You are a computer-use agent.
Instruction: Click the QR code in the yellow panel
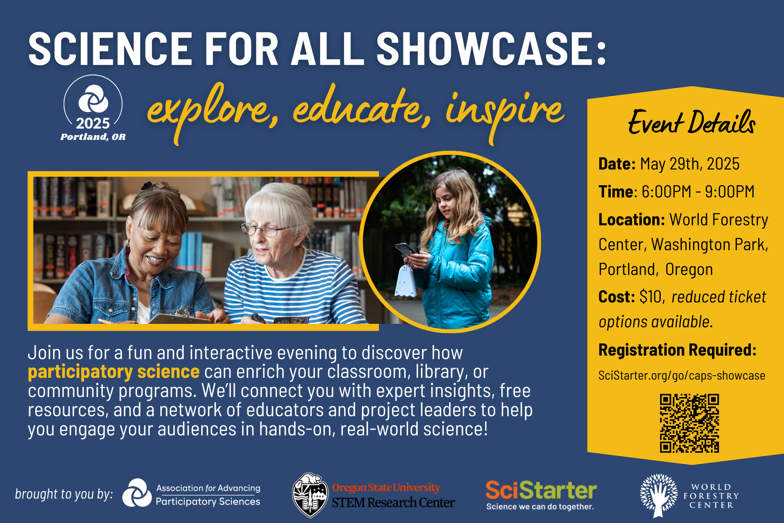(689, 423)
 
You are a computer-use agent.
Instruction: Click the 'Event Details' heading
(691, 122)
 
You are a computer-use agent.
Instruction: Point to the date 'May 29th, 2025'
(689, 164)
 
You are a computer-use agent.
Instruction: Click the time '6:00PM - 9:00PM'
(698, 192)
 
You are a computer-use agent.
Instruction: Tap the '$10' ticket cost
(650, 297)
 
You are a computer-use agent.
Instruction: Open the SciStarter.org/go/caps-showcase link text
(682, 376)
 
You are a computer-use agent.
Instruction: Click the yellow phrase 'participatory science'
(114, 372)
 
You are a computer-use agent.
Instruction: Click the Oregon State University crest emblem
(310, 495)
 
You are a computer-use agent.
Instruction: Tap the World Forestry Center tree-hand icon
(659, 495)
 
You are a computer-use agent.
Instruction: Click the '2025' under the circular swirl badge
(93, 123)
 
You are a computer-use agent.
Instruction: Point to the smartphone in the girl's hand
(406, 249)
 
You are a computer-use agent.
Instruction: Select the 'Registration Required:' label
(677, 350)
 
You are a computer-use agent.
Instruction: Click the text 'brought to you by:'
(64, 494)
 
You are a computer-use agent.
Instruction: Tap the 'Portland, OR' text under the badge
(93, 137)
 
